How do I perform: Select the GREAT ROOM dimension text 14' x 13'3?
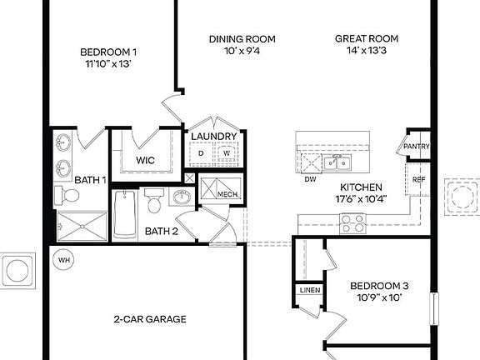367,52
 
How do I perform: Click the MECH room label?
227,194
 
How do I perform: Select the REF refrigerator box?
418,177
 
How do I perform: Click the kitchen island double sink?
337,161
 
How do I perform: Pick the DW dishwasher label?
310,178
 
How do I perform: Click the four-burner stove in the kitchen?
352,223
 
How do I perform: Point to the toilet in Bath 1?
67,197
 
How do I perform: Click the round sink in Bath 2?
182,197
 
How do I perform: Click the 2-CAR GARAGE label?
150,319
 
